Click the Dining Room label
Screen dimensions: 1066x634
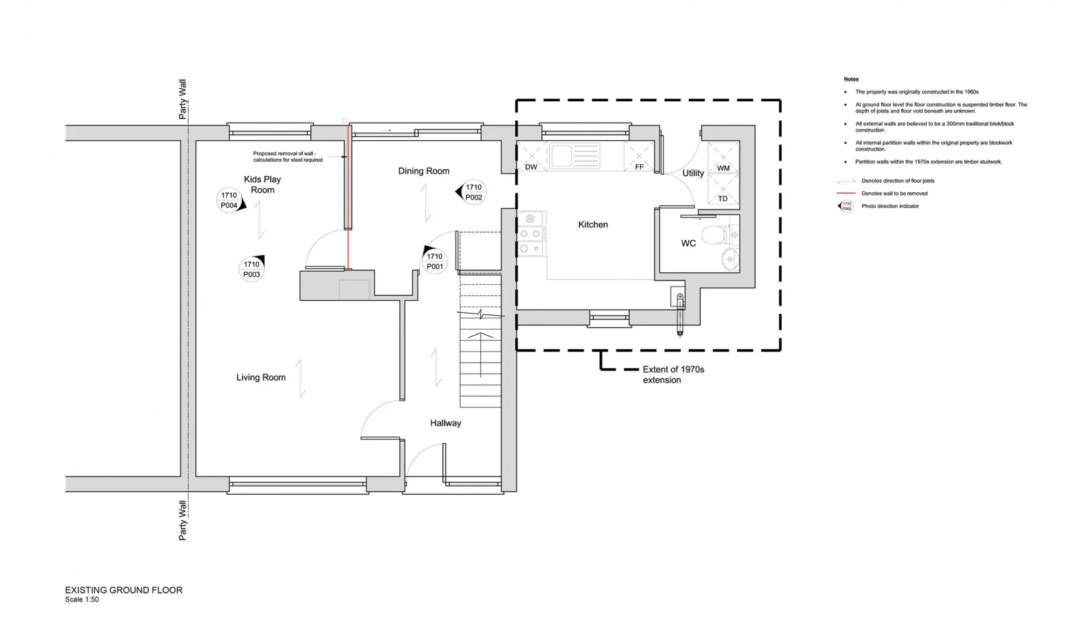[423, 171]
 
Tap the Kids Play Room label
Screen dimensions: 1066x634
[262, 185]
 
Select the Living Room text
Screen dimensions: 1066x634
[261, 378]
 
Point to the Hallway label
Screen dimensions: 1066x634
[445, 423]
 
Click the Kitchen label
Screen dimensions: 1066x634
[593, 225]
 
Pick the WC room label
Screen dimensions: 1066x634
[688, 243]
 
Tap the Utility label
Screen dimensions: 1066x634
[693, 173]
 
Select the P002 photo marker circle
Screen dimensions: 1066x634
[474, 192]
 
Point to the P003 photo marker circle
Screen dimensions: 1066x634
[252, 269]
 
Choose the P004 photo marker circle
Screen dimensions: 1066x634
[229, 200]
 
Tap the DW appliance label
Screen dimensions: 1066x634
[531, 168]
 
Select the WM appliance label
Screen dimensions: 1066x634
[723, 168]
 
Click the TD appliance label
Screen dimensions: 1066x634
[723, 199]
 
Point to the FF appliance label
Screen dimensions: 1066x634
[639, 168]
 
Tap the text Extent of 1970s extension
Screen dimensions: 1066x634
[673, 375]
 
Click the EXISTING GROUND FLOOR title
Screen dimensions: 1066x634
[124, 590]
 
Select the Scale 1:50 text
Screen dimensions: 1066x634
[82, 600]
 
